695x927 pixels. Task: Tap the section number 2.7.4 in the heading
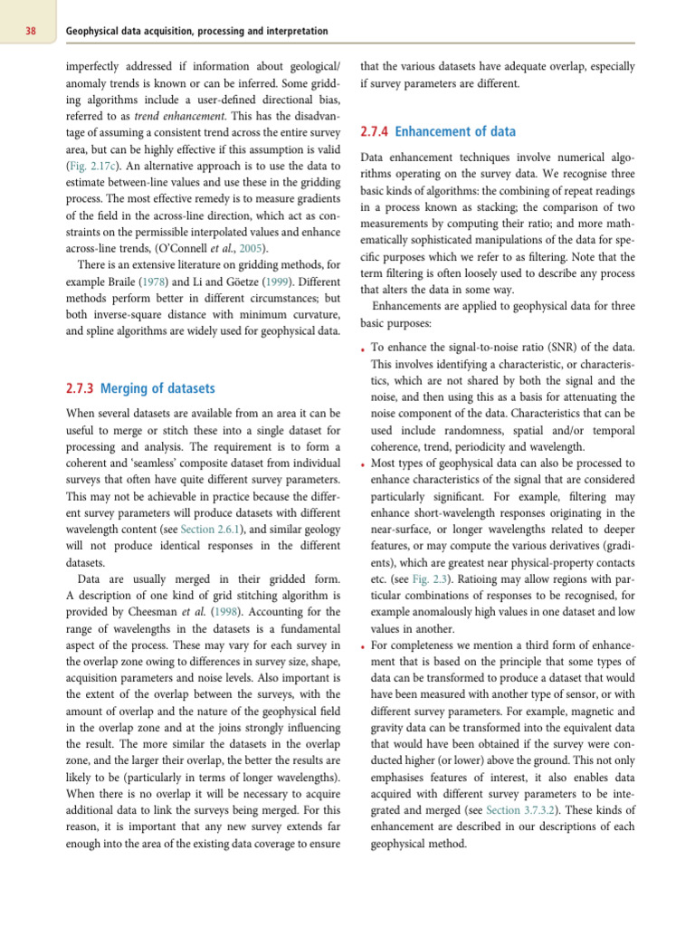point(375,131)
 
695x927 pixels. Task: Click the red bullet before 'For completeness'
point(363,648)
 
